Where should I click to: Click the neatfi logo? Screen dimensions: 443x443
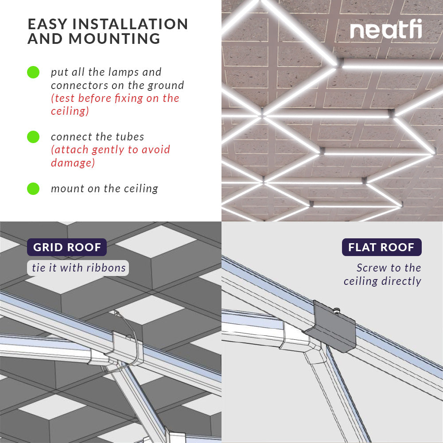click(x=385, y=31)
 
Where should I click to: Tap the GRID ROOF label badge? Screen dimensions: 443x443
click(x=67, y=247)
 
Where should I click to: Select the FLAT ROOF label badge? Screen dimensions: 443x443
click(x=381, y=247)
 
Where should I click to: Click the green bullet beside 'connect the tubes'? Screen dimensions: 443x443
click(x=33, y=137)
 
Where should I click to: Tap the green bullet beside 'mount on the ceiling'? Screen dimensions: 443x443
click(x=33, y=189)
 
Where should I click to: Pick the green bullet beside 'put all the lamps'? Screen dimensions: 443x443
click(x=33, y=72)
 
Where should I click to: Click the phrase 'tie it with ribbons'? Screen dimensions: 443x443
click(x=79, y=268)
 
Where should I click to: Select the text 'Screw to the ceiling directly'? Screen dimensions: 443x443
click(x=383, y=274)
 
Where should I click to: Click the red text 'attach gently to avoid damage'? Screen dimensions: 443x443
click(x=110, y=156)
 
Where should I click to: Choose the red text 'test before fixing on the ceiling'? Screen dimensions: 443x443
click(x=115, y=105)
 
